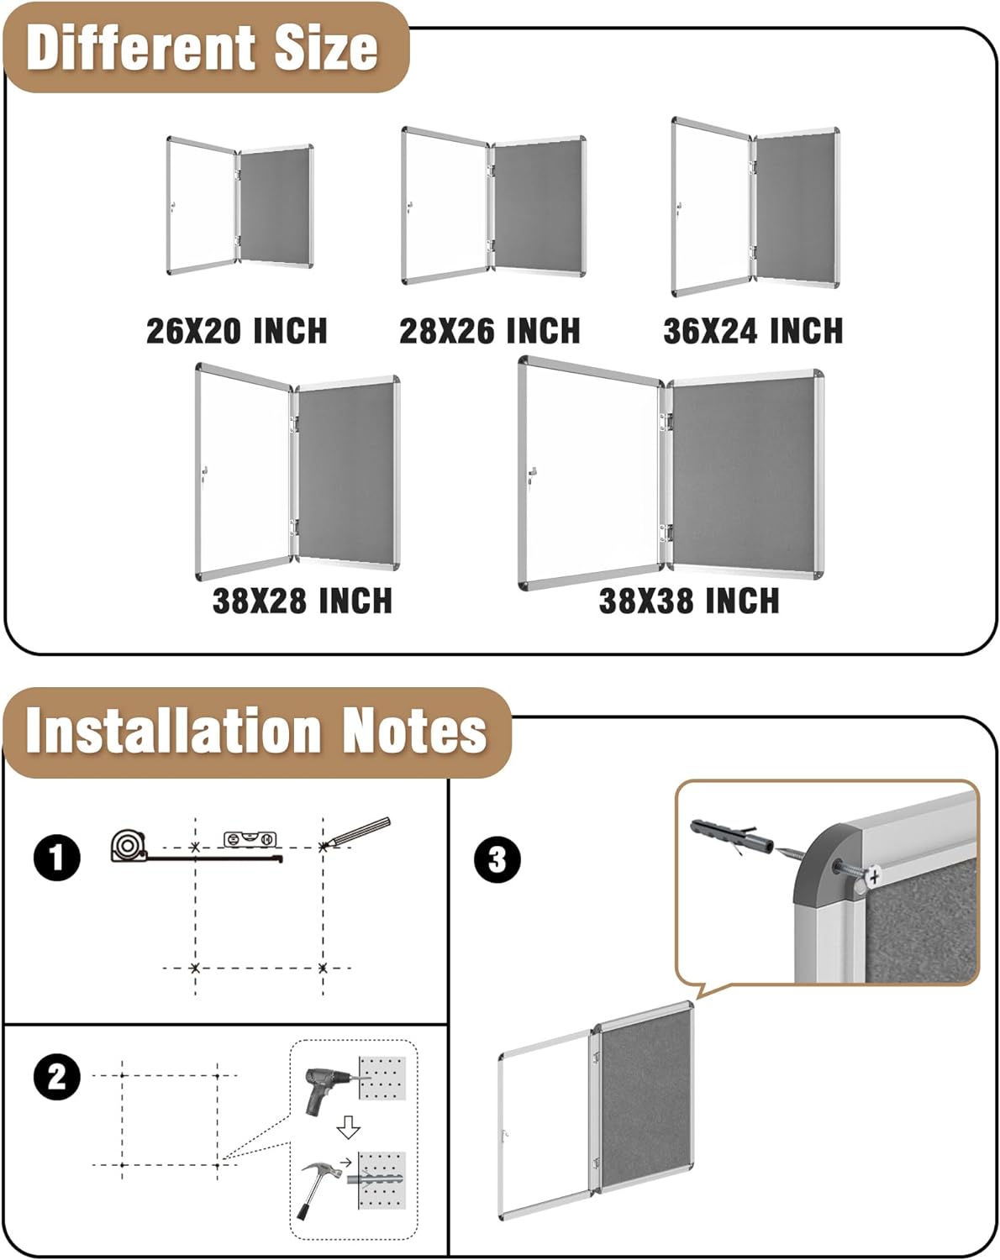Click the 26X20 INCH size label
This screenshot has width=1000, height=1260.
tap(236, 330)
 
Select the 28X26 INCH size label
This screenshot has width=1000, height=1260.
tap(489, 330)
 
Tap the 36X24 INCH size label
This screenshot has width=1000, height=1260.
tap(753, 330)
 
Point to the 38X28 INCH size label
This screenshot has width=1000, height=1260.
tap(302, 601)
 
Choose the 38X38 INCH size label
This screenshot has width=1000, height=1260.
tap(689, 601)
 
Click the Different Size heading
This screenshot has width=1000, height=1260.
tap(203, 48)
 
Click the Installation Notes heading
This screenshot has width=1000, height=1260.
tap(256, 731)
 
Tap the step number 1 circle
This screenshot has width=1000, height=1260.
tap(57, 858)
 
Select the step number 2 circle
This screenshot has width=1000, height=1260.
tap(57, 1076)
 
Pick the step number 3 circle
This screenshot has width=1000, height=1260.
tap(497, 859)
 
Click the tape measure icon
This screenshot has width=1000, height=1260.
tap(128, 845)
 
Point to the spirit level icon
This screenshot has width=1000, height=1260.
tap(250, 838)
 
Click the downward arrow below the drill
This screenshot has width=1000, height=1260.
tap(348, 1128)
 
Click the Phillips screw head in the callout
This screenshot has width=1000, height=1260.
tap(875, 876)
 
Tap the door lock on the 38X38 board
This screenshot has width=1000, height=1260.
tap(532, 475)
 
